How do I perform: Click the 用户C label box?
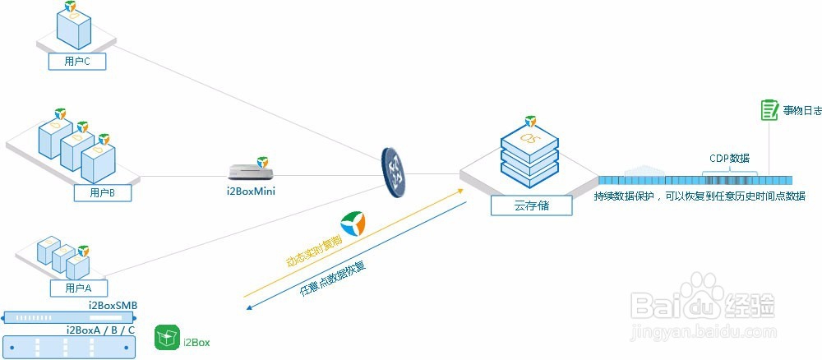click(x=77, y=60)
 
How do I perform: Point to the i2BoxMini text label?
click(x=251, y=192)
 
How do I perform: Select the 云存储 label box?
click(x=531, y=205)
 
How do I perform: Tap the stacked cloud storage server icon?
click(x=529, y=154)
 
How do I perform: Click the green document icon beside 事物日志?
click(x=769, y=110)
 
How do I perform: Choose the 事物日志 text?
click(x=802, y=110)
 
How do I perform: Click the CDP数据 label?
click(x=729, y=159)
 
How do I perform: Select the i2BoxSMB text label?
click(x=113, y=306)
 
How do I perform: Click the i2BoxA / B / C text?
click(x=100, y=329)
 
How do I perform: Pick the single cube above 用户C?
click(x=73, y=26)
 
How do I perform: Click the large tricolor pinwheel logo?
click(x=354, y=224)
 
